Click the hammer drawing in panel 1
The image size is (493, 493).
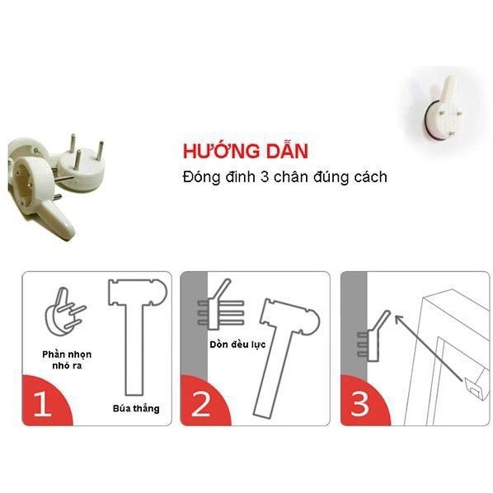(136, 330)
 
